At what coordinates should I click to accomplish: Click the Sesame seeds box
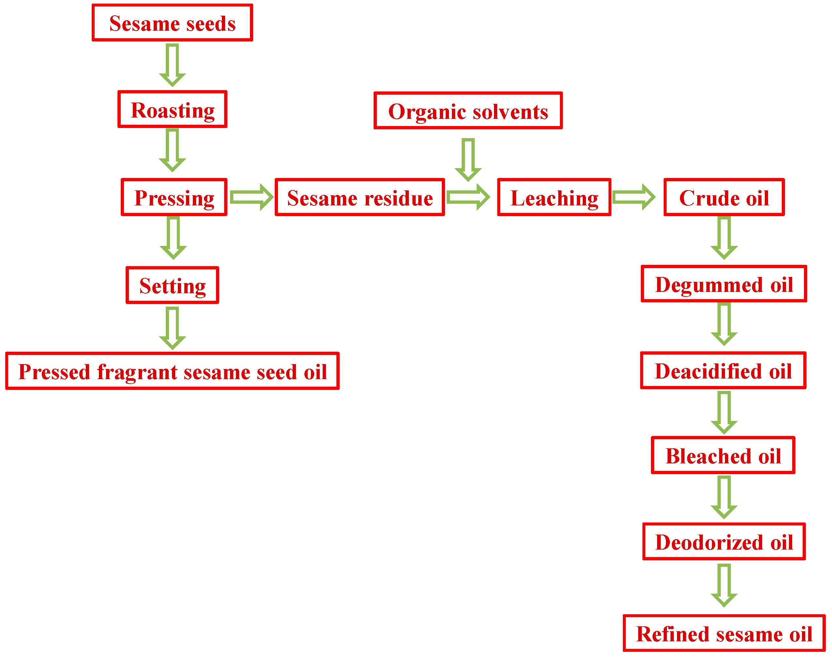coord(172,23)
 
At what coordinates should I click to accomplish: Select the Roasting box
coord(172,109)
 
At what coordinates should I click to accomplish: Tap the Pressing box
coord(174,197)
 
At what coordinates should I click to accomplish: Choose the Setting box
coord(172,285)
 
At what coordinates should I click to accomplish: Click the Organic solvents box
coord(468,111)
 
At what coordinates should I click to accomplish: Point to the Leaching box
coord(554,197)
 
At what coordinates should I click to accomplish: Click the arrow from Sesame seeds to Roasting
coord(172,65)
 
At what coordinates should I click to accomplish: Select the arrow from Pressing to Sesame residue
coord(251,197)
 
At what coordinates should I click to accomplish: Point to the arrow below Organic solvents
coord(468,159)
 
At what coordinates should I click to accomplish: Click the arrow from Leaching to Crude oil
coord(633,197)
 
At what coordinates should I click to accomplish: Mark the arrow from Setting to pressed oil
coord(172,328)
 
